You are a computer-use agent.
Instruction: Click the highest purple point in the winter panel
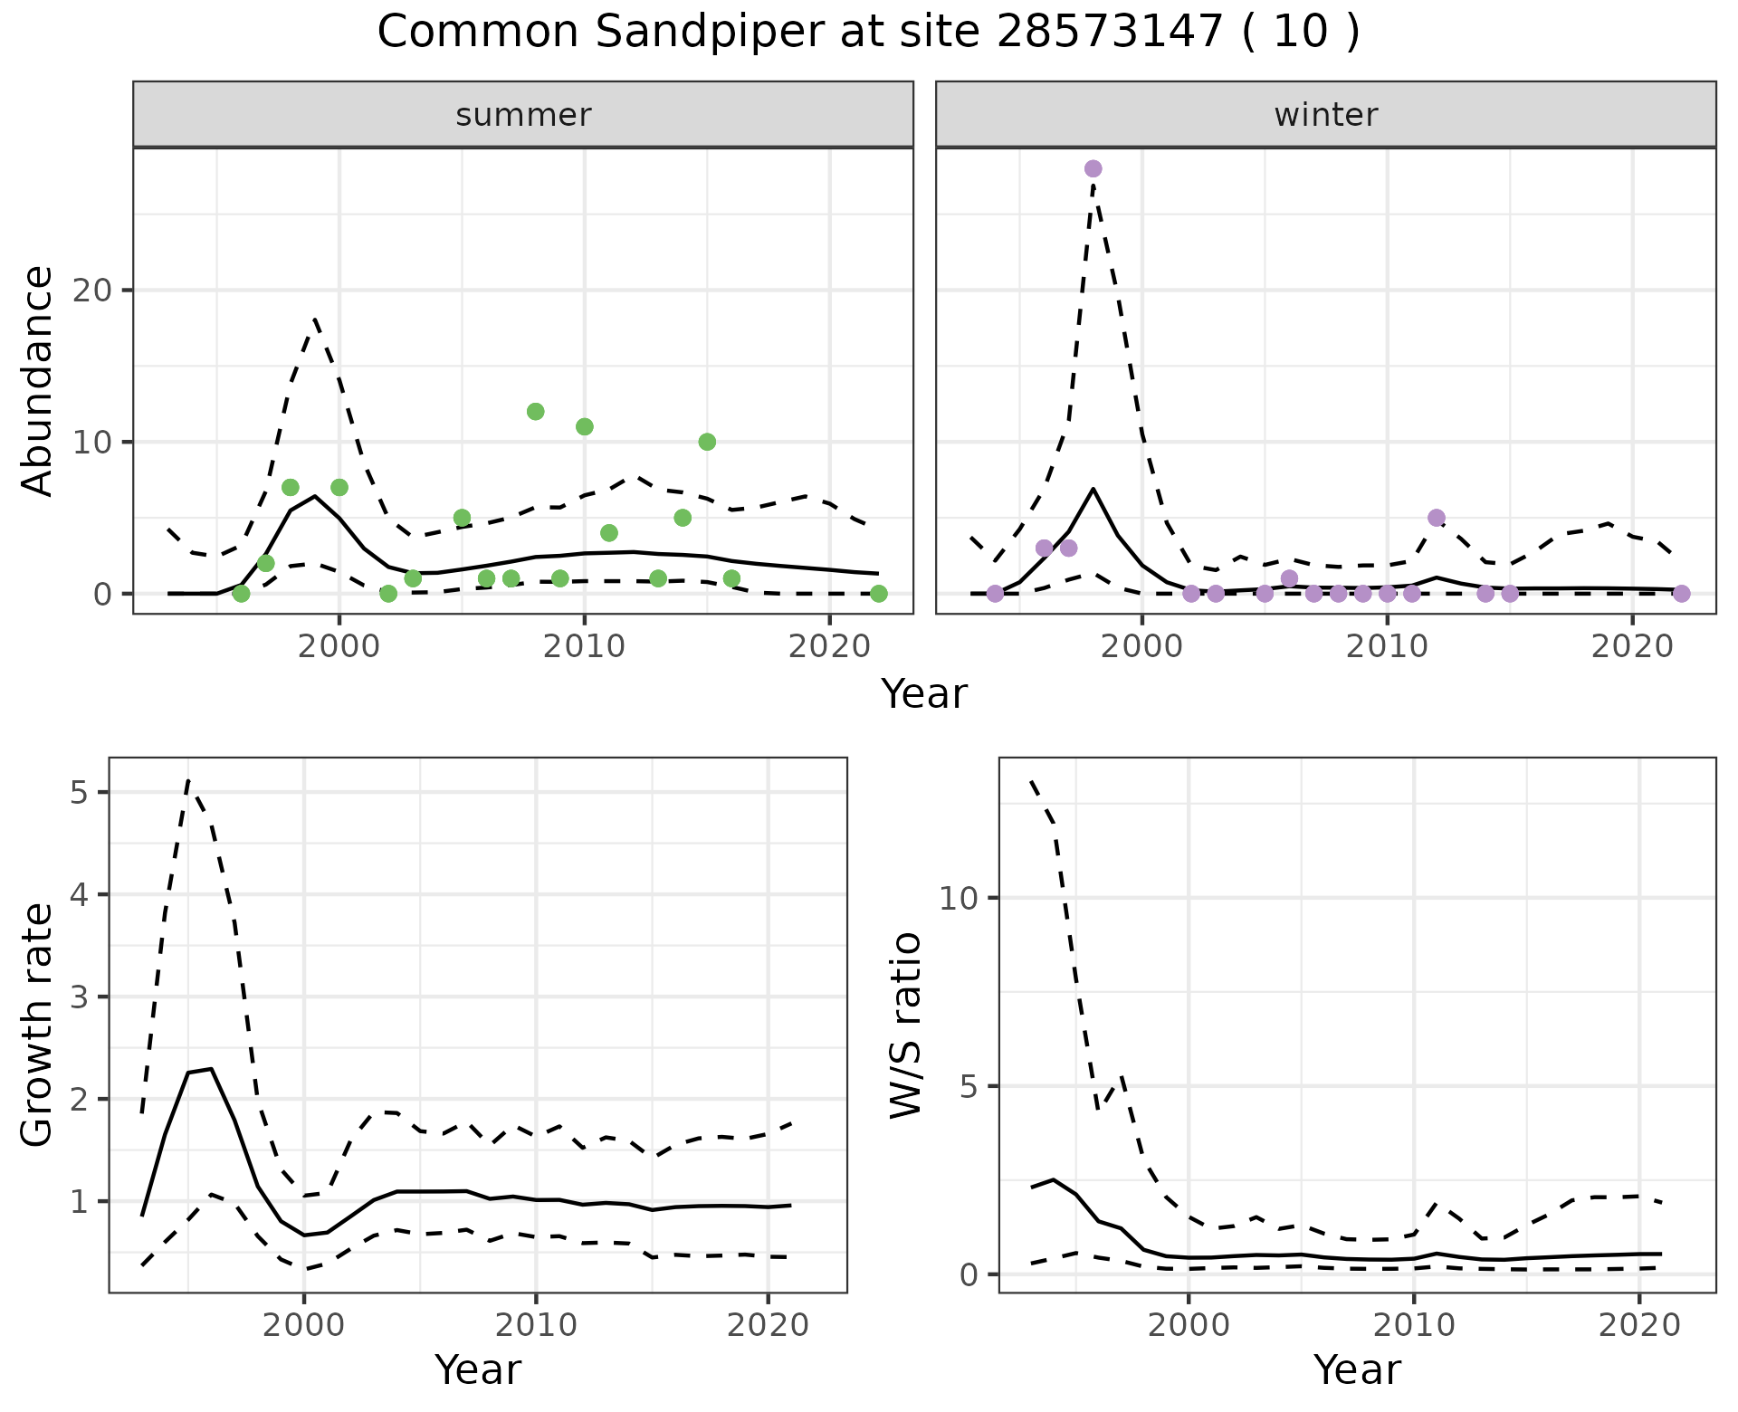tap(1093, 168)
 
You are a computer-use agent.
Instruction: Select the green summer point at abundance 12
tap(535, 412)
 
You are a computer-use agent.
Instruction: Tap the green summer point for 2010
tap(584, 426)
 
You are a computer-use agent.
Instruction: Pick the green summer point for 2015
tap(707, 442)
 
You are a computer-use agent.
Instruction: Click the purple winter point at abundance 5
tap(1436, 518)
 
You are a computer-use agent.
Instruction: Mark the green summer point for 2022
tap(878, 594)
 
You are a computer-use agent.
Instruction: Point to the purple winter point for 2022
tap(1681, 594)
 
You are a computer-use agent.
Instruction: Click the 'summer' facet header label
tap(523, 115)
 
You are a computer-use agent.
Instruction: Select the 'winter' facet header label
tap(1325, 115)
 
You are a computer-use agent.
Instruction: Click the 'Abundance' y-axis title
tap(37, 380)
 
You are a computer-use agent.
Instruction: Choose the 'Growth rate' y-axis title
tap(37, 1025)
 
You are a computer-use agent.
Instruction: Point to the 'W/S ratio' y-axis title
tap(905, 1025)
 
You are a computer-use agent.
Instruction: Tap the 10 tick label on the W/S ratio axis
tap(960, 898)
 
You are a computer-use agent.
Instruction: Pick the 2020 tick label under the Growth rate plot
tap(768, 1325)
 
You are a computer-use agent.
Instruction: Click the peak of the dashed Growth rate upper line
tap(188, 780)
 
